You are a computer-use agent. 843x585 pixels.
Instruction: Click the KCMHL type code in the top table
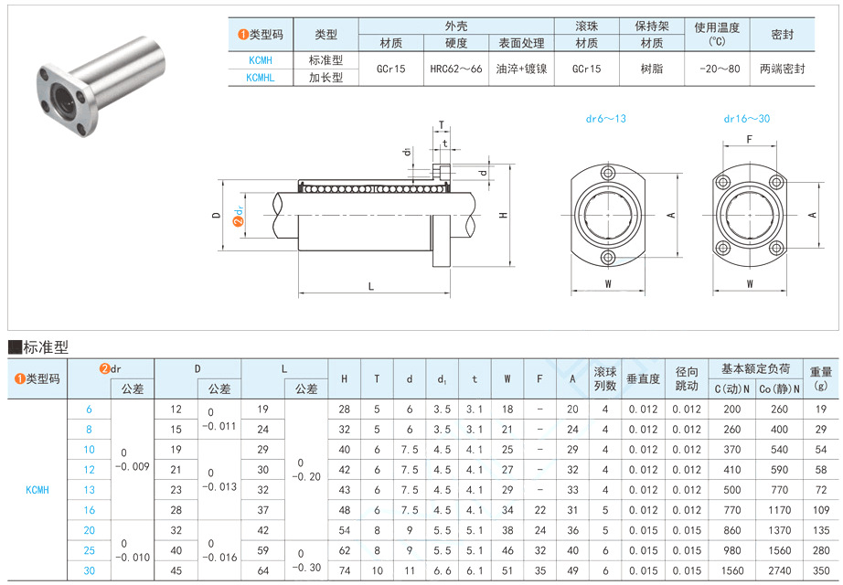(260, 78)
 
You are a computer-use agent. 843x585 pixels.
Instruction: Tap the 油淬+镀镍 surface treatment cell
(521, 69)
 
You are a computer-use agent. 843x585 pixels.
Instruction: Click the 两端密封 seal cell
(782, 69)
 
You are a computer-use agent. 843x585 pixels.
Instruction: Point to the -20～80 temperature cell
(718, 69)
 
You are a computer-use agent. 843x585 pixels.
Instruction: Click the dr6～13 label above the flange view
(605, 119)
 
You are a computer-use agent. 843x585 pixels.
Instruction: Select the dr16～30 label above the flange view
(747, 119)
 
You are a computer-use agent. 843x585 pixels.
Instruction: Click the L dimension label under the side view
(370, 286)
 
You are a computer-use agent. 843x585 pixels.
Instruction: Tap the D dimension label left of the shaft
(216, 216)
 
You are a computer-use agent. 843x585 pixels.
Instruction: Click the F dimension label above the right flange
(749, 140)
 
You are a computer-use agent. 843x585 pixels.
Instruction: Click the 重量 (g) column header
(820, 378)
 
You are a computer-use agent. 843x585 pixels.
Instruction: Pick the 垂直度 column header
(643, 379)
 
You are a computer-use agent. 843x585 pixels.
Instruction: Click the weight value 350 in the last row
(820, 569)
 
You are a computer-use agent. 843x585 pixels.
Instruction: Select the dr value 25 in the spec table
(89, 549)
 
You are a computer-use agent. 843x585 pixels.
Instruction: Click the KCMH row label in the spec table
(37, 489)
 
